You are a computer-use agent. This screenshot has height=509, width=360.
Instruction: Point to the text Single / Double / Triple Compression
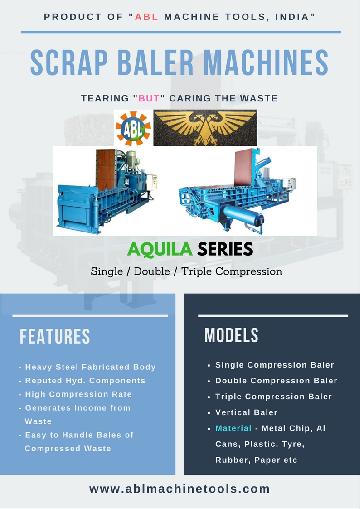tap(180, 271)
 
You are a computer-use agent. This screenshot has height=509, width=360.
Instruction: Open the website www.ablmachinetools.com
tap(180, 489)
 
